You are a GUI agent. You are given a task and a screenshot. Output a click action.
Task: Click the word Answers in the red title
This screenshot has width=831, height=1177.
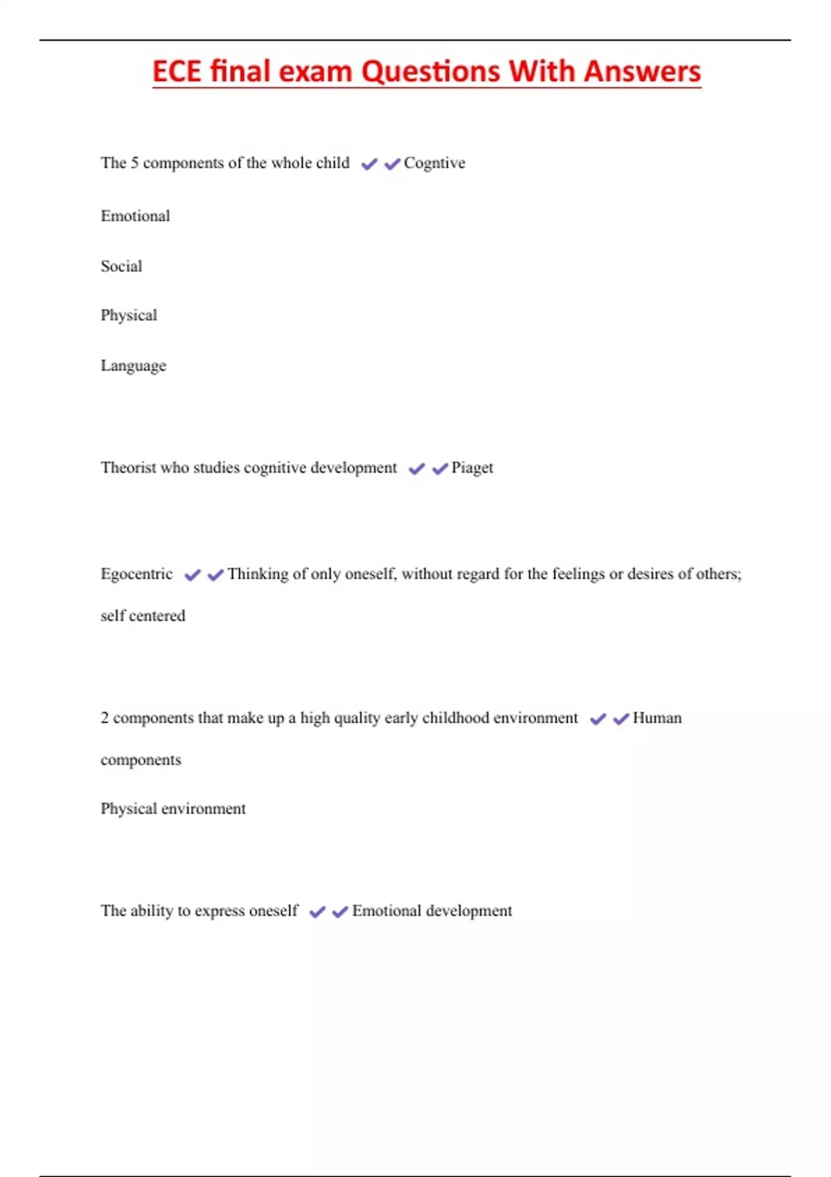click(x=642, y=72)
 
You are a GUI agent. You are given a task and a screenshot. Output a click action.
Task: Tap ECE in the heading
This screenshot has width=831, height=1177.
click(x=177, y=72)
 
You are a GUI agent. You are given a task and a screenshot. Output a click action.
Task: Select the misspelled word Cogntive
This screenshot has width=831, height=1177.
click(x=434, y=163)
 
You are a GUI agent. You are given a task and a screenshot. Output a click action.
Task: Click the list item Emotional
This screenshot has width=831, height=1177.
click(x=135, y=216)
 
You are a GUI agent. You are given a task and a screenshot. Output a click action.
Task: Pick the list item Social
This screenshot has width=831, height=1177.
click(x=121, y=267)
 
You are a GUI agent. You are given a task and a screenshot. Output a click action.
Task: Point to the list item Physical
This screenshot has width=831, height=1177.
click(x=129, y=316)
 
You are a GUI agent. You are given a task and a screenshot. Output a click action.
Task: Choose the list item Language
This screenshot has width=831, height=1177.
click(x=133, y=366)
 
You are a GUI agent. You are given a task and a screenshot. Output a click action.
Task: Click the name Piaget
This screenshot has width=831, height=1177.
click(x=472, y=468)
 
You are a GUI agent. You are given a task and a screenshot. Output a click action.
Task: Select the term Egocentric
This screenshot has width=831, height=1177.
click(x=136, y=574)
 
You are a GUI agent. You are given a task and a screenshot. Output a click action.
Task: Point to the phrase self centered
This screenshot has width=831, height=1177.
click(x=143, y=616)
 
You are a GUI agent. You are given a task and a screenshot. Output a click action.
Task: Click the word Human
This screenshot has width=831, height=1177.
click(x=657, y=718)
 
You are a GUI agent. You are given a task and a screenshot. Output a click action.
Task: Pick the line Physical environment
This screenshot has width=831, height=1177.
click(x=173, y=809)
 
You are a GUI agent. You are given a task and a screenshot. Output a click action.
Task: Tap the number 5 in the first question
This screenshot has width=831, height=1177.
click(x=134, y=163)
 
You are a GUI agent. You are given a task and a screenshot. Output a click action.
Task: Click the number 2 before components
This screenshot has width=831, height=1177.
click(x=105, y=718)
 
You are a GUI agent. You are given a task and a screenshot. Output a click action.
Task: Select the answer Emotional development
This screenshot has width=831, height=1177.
click(x=432, y=911)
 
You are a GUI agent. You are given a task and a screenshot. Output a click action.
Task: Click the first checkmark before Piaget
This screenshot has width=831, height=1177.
click(x=417, y=469)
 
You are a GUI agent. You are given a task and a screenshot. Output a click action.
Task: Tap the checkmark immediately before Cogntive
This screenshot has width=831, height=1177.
click(x=393, y=164)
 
